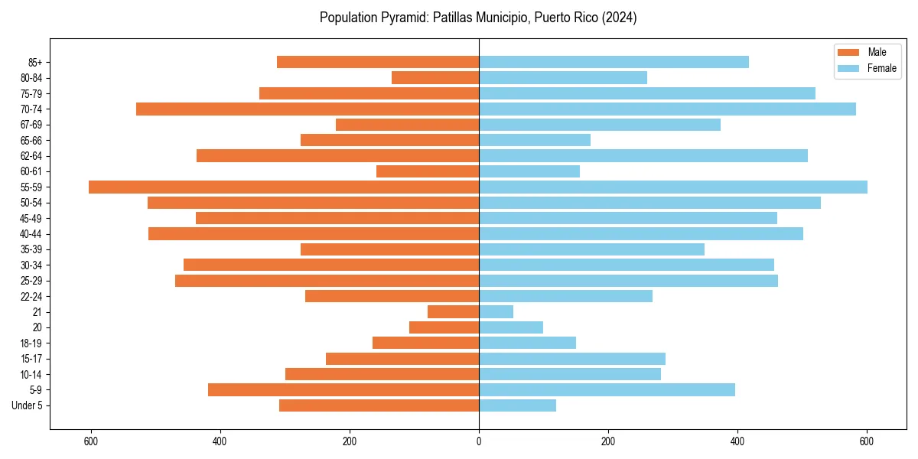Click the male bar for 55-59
[x=283, y=187]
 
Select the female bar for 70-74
[x=667, y=109]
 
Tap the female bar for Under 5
[x=517, y=405]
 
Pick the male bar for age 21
[x=453, y=312]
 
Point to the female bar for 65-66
[x=535, y=140]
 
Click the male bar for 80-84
[x=435, y=78]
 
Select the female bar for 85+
[x=614, y=62]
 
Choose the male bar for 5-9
[x=343, y=390]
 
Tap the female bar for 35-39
[x=591, y=249]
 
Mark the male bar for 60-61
[x=428, y=171]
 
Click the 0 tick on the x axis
[x=479, y=441]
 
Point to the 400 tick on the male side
[x=220, y=441]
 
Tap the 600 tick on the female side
[x=867, y=441]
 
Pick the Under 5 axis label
[x=28, y=405]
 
